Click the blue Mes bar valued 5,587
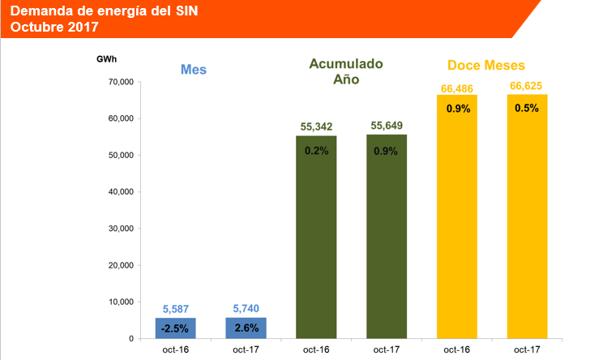[x=175, y=328]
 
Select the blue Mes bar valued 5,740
[x=246, y=328]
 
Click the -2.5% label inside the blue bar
[x=175, y=328]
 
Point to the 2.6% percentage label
[x=246, y=328]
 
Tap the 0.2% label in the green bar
[x=316, y=150]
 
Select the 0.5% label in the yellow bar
[x=528, y=109]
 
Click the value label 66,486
[x=457, y=86]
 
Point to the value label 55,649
[x=387, y=126]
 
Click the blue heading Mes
[x=193, y=70]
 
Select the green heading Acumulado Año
[x=346, y=71]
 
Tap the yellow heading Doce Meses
[x=486, y=65]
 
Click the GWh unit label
[x=106, y=60]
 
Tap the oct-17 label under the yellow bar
[x=528, y=349]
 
